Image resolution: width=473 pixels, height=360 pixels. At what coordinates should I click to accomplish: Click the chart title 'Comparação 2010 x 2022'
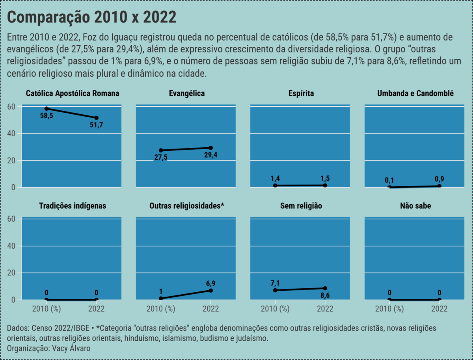(x=91, y=18)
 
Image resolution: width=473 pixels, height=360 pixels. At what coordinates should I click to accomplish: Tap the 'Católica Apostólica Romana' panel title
(x=73, y=93)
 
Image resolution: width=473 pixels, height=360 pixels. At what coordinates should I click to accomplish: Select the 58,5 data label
(x=47, y=116)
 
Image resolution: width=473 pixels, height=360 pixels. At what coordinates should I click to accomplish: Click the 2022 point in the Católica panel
(x=97, y=118)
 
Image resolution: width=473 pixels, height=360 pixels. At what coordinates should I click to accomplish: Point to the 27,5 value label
(x=160, y=158)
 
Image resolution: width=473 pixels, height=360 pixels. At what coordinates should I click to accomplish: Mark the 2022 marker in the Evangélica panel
(x=210, y=148)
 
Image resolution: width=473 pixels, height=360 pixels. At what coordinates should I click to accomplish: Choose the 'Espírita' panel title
(x=301, y=93)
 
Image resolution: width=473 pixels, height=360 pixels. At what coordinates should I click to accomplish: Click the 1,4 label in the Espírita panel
(x=275, y=178)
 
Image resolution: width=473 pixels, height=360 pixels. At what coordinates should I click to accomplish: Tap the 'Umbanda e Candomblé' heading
(x=415, y=93)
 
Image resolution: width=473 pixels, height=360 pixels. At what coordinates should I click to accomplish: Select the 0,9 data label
(x=439, y=179)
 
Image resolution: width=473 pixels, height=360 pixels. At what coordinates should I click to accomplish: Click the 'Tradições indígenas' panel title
(x=73, y=206)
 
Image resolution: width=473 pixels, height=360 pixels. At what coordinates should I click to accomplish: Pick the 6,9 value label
(x=210, y=283)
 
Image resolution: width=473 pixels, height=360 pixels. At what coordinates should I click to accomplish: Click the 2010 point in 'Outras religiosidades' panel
(x=161, y=299)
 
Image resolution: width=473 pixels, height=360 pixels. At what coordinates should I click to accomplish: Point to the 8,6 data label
(x=325, y=295)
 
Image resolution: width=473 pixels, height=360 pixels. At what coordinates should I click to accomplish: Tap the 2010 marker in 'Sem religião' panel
(x=275, y=290)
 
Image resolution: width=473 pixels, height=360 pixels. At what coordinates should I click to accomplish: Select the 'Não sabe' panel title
(x=415, y=206)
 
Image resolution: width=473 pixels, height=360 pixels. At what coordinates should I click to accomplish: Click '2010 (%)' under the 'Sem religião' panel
(x=275, y=309)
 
